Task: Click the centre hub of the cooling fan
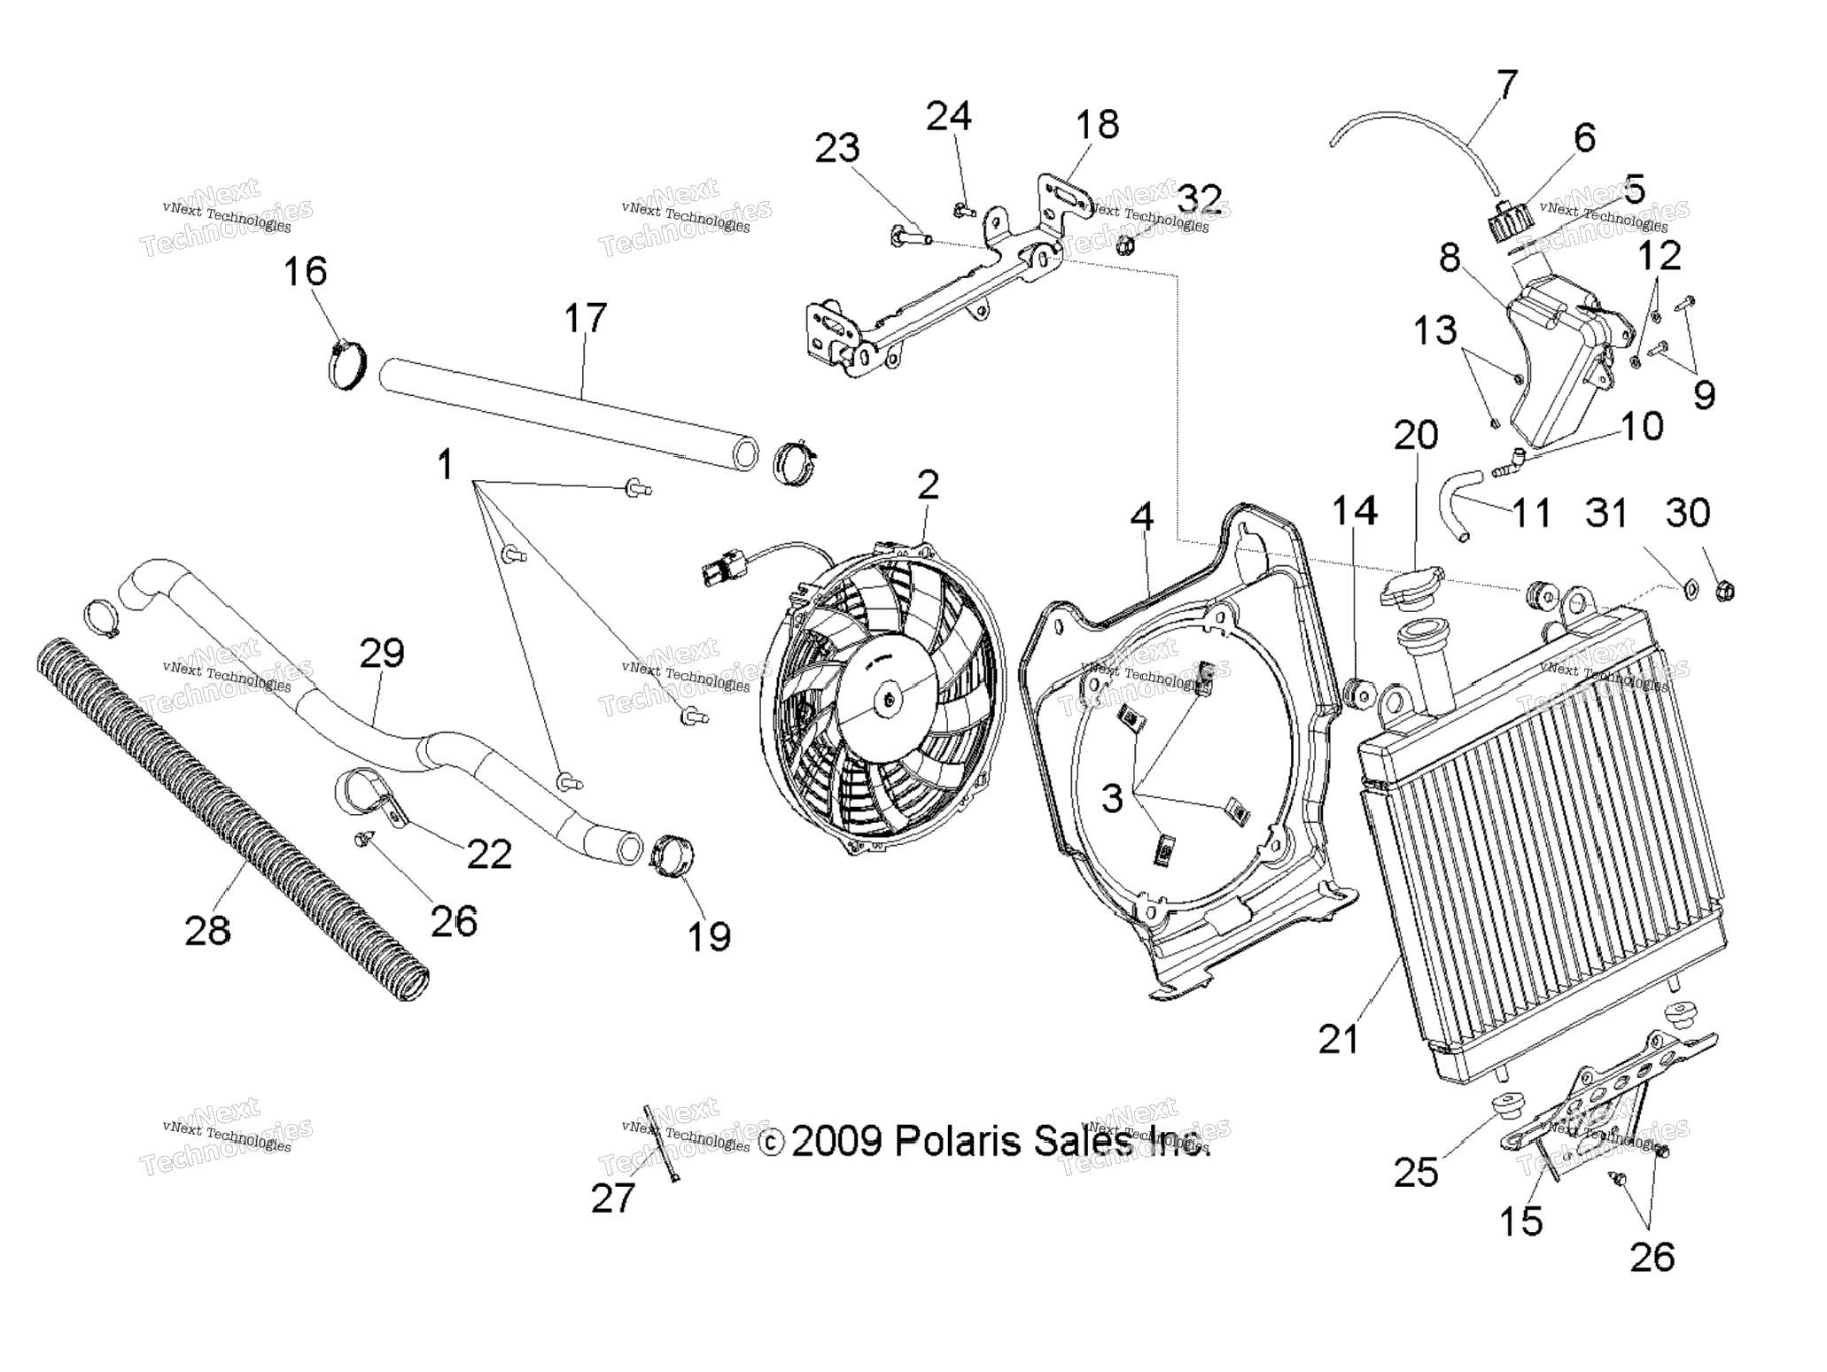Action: pyautogui.click(x=890, y=698)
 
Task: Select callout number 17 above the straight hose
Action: pyautogui.click(x=585, y=318)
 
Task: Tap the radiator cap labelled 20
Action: pyautogui.click(x=1411, y=587)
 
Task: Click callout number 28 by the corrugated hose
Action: pyautogui.click(x=207, y=931)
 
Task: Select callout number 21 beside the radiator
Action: pyautogui.click(x=1338, y=1039)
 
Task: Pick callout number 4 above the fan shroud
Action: pyautogui.click(x=1142, y=517)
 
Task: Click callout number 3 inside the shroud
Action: pyautogui.click(x=1112, y=798)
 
